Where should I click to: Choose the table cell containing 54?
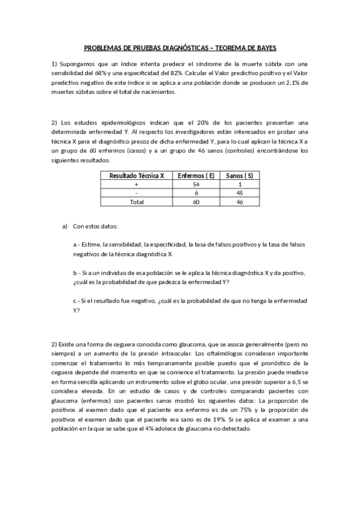pyautogui.click(x=197, y=184)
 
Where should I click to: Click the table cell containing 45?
pyautogui.click(x=239, y=193)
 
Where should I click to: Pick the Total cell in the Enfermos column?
pyautogui.click(x=197, y=202)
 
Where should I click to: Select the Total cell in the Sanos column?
pyautogui.click(x=239, y=202)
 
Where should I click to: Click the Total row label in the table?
pyautogui.click(x=136, y=202)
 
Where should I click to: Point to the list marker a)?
pyautogui.click(x=65, y=226)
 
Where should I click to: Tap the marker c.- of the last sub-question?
pyautogui.click(x=76, y=301)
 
